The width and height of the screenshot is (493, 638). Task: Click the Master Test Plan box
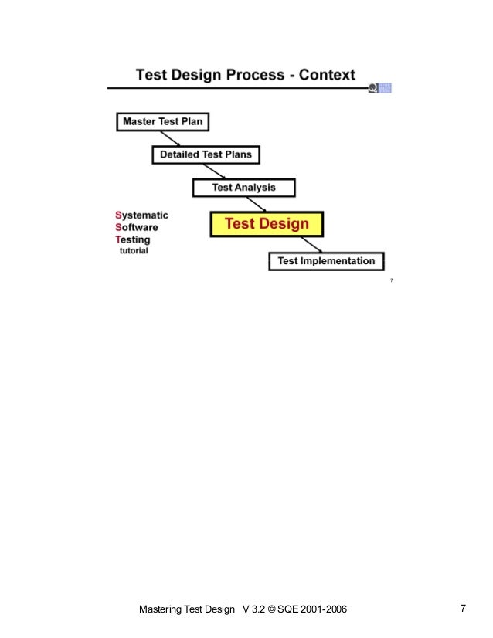164,122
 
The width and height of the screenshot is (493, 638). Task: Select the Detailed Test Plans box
206,154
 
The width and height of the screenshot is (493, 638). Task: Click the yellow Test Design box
267,224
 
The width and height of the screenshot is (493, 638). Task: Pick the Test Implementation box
326,261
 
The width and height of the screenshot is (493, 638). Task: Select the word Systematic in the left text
141,215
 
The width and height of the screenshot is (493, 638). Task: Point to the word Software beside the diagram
136,228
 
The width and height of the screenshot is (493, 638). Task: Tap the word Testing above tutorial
134,239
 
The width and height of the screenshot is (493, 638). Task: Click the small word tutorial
133,251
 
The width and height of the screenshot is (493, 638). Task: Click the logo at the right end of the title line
380,88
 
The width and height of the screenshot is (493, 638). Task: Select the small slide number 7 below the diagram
392,280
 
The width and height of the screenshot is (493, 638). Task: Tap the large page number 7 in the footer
463,609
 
